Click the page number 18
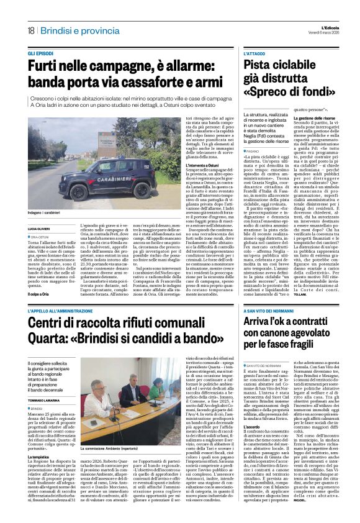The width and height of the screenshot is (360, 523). click(x=30, y=30)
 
